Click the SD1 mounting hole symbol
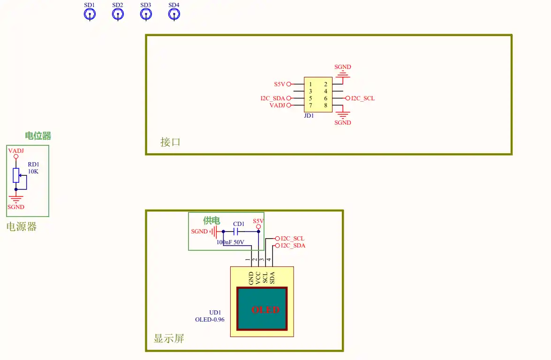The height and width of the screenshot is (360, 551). [x=90, y=15]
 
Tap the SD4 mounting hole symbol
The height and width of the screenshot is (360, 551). [x=174, y=15]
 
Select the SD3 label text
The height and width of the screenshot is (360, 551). [x=145, y=5]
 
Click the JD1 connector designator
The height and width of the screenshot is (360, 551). [x=309, y=116]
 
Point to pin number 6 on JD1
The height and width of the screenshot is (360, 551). [x=326, y=98]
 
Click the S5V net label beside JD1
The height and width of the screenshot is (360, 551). [x=279, y=84]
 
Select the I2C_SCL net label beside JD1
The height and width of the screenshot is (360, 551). [x=363, y=98]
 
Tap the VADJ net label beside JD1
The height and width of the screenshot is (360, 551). [x=277, y=105]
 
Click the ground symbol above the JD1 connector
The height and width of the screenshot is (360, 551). [x=343, y=74]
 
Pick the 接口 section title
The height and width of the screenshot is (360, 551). [x=170, y=142]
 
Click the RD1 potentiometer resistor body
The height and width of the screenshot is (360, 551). [x=16, y=175]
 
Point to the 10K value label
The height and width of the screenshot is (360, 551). [x=33, y=172]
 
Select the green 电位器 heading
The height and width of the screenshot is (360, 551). [x=38, y=135]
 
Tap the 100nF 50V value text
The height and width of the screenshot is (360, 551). [x=230, y=242]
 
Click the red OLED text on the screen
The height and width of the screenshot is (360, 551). [x=266, y=310]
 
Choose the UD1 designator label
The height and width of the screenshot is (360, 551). [x=215, y=313]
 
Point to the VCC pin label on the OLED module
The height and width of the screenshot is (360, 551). [x=258, y=278]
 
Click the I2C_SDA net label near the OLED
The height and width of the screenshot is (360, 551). [x=293, y=246]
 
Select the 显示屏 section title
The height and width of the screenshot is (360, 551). [x=169, y=338]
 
